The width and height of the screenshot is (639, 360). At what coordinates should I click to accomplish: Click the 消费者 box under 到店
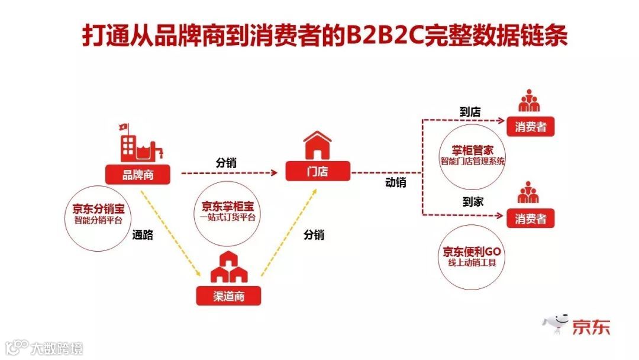tap(530, 127)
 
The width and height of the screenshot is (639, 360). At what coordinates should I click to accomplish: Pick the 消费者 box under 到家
tap(530, 218)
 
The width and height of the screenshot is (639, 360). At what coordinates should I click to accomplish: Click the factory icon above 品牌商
tap(141, 143)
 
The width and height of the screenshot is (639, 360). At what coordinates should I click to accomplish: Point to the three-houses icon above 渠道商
tap(228, 268)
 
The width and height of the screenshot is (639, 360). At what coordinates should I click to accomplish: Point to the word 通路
tap(142, 235)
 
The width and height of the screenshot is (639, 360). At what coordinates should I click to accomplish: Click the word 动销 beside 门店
tap(395, 182)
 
